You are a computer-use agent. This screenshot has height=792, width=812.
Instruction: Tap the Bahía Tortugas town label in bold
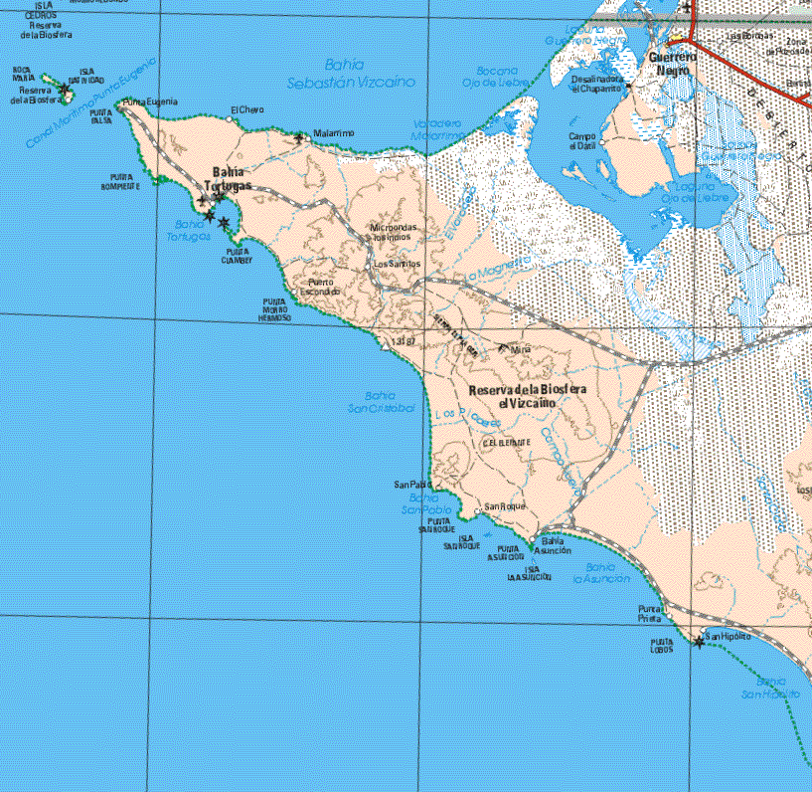pos(227,178)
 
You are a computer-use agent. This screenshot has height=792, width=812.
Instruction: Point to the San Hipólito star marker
pos(700,643)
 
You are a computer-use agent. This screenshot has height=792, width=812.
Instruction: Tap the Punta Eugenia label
pos(149,102)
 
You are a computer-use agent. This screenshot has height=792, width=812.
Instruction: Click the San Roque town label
pos(505,506)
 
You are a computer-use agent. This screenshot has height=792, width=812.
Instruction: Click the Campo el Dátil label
pos(582,141)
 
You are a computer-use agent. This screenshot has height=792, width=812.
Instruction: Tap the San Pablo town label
pos(409,485)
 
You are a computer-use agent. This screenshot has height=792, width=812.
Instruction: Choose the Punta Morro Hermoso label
pos(275,309)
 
